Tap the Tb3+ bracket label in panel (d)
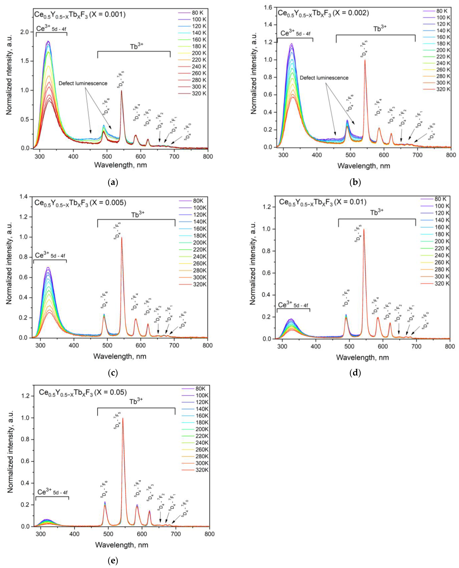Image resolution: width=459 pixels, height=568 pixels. [377, 212]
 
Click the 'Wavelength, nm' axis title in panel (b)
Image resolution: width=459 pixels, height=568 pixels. [364, 166]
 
